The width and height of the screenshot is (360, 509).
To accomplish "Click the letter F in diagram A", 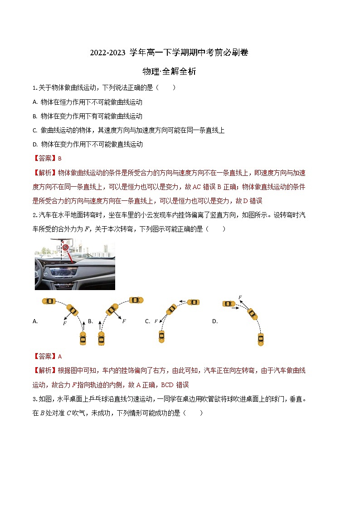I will [64, 324].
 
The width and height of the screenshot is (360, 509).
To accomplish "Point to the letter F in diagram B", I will [124, 321].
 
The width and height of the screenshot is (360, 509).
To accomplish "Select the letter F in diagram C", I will [156, 321].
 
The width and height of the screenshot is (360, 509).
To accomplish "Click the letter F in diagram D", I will [240, 297].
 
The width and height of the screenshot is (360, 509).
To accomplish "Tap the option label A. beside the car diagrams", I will [35, 321].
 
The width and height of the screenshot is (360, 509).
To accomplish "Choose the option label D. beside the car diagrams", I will [215, 321].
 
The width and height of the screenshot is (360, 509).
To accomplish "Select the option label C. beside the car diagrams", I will [147, 321].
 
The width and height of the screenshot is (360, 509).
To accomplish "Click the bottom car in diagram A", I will [83, 338].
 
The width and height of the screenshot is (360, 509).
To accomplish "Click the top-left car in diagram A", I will [49, 301].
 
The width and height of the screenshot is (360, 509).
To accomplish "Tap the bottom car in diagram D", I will [261, 339].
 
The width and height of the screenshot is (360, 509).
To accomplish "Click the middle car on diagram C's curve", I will [171, 309].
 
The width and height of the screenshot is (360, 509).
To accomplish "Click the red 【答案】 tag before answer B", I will [44, 159].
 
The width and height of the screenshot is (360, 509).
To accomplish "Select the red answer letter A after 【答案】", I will [60, 357].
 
